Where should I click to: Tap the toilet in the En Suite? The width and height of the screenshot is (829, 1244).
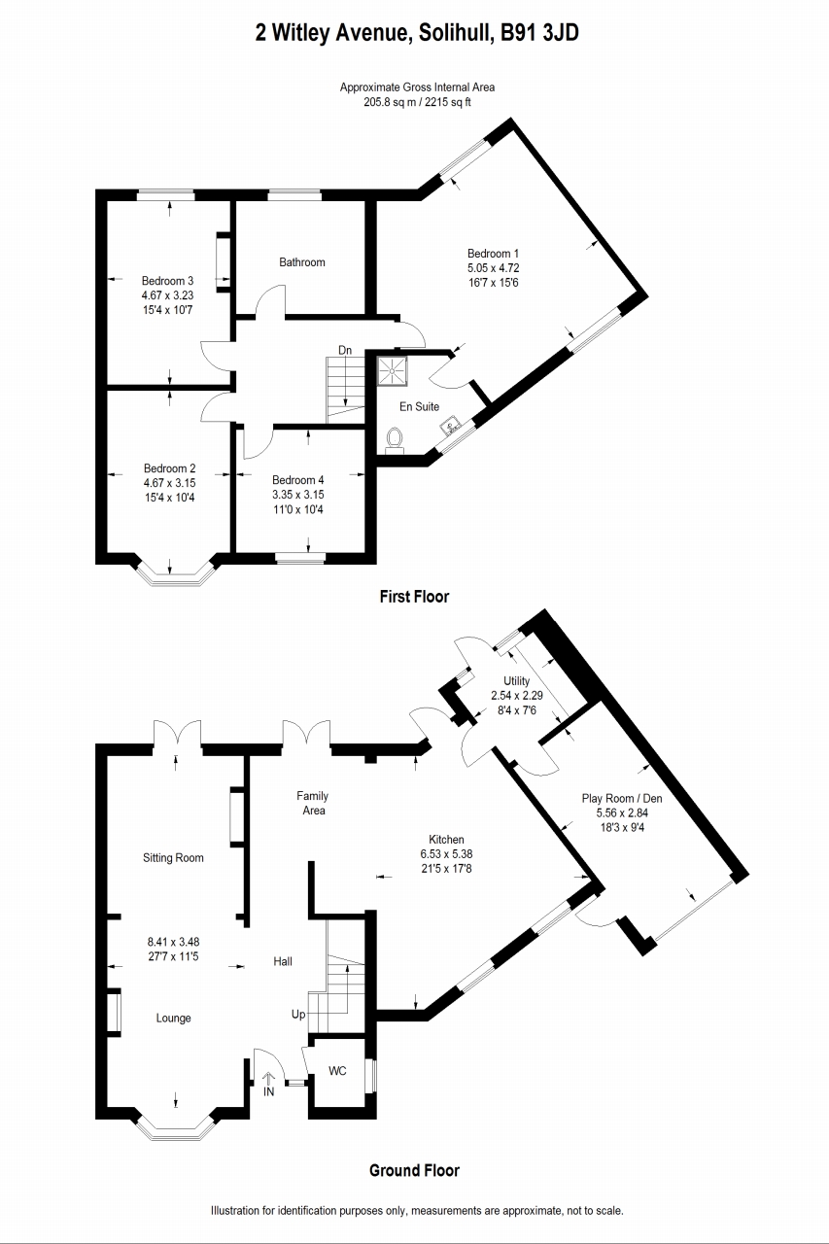tap(395, 440)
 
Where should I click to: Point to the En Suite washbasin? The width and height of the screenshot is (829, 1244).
tap(452, 425)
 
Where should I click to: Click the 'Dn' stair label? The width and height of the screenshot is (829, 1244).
tap(345, 350)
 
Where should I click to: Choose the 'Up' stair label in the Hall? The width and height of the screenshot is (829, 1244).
tap(298, 1015)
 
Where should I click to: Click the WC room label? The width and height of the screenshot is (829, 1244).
tap(337, 1071)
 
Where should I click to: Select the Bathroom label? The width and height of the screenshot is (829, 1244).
tap(302, 262)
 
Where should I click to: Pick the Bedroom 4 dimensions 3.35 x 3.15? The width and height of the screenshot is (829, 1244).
tap(298, 495)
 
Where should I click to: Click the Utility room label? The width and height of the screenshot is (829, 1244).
tap(516, 681)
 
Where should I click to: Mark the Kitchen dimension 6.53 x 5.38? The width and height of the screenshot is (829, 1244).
tap(447, 854)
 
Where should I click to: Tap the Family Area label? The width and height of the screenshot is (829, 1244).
tap(312, 802)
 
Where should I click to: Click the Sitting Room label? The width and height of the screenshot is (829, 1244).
tap(173, 858)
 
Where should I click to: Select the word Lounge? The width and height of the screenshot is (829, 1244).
tap(173, 1019)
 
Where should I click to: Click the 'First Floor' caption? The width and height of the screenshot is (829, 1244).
tap(414, 597)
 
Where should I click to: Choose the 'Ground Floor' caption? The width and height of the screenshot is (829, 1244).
tap(414, 1170)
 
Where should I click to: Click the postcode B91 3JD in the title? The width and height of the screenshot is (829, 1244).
tap(539, 34)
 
